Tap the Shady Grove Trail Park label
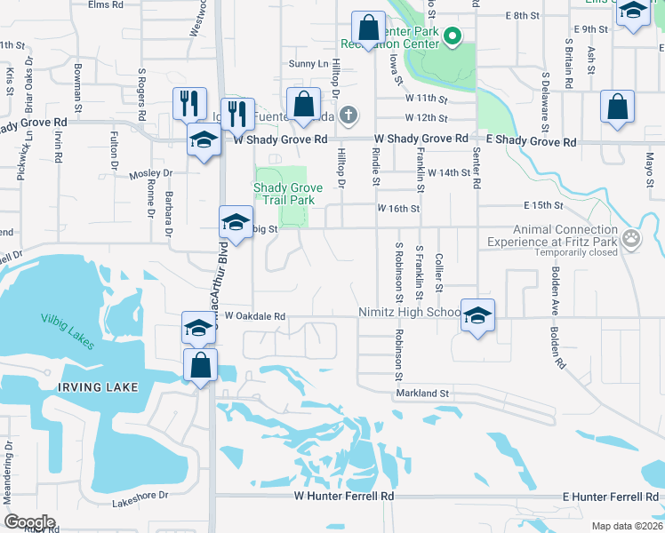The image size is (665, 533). [284, 194]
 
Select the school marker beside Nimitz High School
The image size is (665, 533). [477, 315]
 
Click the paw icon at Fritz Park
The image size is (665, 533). [631, 237]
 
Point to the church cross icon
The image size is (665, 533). [349, 114]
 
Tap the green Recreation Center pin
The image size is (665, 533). [452, 36]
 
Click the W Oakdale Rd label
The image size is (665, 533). [254, 315]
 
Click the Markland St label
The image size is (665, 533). [425, 393]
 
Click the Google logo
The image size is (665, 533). [29, 521]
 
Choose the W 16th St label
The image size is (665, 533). [397, 208]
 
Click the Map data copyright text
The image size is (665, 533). [626, 526]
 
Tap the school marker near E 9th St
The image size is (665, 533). [633, 13]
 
